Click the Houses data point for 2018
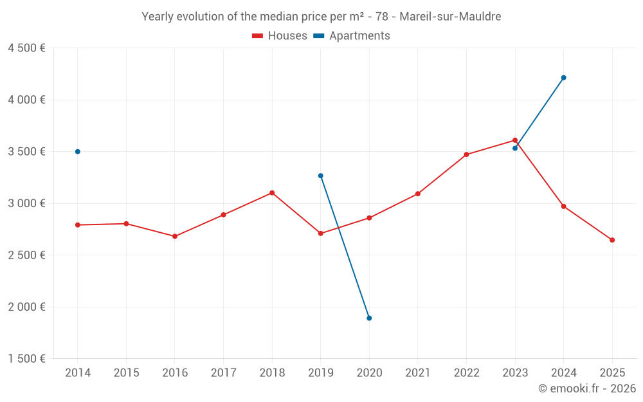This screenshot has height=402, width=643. coord(272,193)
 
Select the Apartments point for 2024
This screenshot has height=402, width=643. coord(563,78)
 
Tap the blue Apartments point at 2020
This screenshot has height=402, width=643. coord(369,318)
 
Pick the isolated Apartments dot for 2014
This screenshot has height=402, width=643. coord(78,152)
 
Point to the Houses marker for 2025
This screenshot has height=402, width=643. coord(612,240)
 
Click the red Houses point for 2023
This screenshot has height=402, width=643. coord(515,140)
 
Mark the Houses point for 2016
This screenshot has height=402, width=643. coord(175,236)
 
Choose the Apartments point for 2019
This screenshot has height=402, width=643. coord(320,176)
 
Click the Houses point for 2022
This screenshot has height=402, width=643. coord(466,154)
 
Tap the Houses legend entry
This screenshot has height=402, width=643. coord(280,36)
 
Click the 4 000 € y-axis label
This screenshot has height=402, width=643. coord(26,100)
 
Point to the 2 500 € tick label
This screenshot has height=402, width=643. coord(26,255)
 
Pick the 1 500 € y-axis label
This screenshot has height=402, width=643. coord(26,359)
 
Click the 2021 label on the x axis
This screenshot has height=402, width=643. coord(418,373)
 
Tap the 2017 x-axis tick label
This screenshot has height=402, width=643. coord(223,373)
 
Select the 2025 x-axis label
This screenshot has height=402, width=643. coord(612,373)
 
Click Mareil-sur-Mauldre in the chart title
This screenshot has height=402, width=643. coord(450,17)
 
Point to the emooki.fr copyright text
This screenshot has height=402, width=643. coord(587,388)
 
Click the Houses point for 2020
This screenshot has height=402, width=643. coord(369,218)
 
